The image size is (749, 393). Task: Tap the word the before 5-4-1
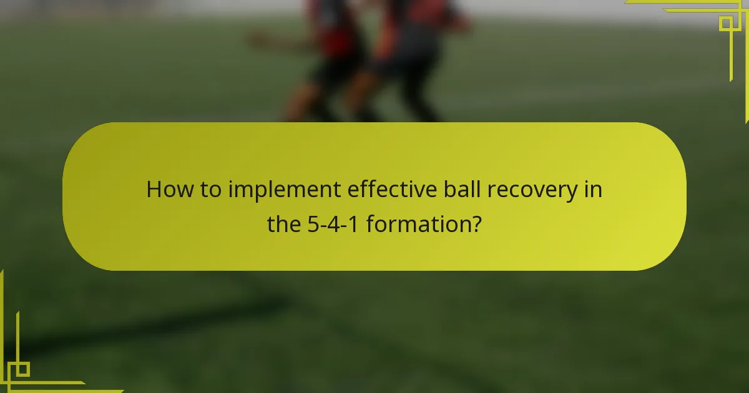pos(285,223)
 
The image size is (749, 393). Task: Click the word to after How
pos(210,190)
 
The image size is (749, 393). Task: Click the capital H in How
pos(154,190)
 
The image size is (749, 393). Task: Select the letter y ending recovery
pos(573,192)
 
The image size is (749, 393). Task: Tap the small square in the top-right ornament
pos(726,23)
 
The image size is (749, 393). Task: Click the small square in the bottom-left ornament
pos(22,369)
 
